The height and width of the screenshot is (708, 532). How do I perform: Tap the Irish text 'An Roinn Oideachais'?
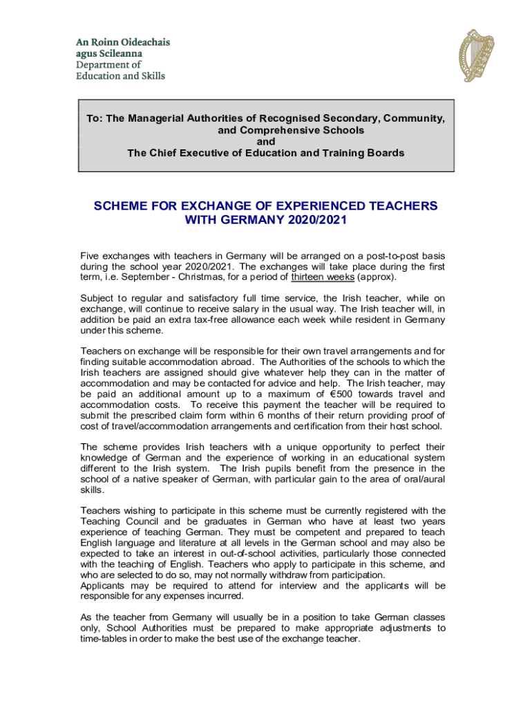pyautogui.click(x=122, y=42)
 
